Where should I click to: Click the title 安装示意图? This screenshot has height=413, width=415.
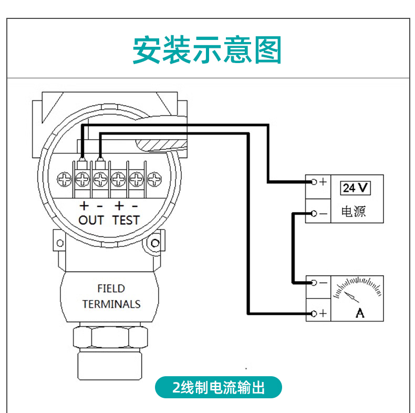[x=207, y=50]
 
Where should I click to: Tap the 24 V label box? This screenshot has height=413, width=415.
[x=356, y=188]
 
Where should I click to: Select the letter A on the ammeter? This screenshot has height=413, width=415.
[x=360, y=313]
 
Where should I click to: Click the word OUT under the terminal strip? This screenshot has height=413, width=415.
[x=91, y=220]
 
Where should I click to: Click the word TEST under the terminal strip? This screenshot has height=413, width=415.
[x=126, y=220]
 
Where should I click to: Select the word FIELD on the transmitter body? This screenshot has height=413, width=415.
[x=111, y=288]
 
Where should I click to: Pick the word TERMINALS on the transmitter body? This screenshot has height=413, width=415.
[x=111, y=304]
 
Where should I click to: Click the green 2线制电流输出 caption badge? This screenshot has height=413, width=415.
[x=219, y=388]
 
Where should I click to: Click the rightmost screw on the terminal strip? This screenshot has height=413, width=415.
[x=154, y=180]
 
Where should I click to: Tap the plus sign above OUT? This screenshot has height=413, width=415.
[x=84, y=205]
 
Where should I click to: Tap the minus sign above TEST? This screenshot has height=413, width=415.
[x=134, y=205]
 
